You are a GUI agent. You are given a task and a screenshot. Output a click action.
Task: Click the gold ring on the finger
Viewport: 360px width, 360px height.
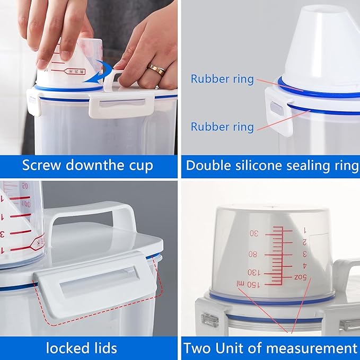[156, 69]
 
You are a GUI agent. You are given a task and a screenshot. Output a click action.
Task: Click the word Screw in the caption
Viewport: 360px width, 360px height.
[40, 165]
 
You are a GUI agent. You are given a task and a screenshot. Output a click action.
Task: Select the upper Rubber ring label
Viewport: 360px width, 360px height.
[222, 79]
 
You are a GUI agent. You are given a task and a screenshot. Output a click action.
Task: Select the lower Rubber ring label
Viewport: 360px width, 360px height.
[222, 127]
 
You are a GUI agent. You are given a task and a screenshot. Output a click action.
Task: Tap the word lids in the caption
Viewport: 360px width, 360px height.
[104, 348]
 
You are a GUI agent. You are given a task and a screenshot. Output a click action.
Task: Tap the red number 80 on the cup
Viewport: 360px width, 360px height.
[252, 254]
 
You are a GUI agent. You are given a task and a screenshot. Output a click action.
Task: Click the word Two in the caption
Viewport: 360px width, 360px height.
[196, 348]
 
